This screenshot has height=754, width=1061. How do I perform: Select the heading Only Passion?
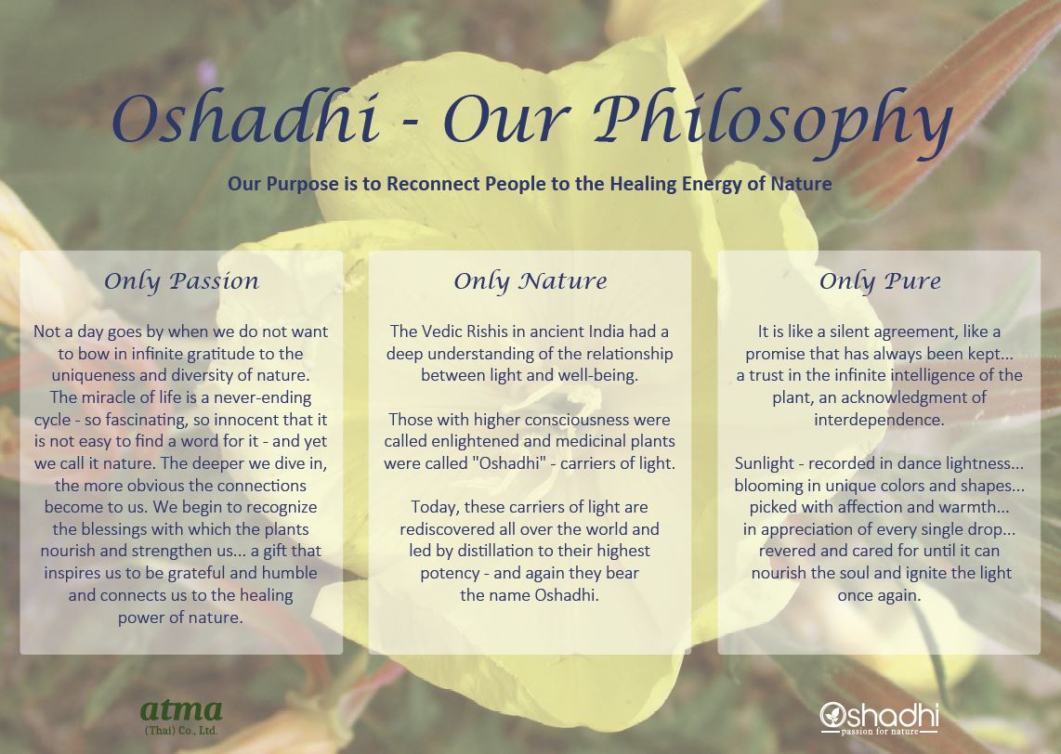(181, 281)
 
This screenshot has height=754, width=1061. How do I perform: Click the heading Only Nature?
(530, 281)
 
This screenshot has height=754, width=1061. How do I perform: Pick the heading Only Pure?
(880, 281)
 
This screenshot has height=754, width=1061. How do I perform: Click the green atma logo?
(181, 710)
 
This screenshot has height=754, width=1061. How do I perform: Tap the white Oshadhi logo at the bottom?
(879, 715)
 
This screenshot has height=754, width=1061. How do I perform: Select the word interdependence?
(878, 420)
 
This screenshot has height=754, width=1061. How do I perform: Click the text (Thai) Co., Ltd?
(181, 731)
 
